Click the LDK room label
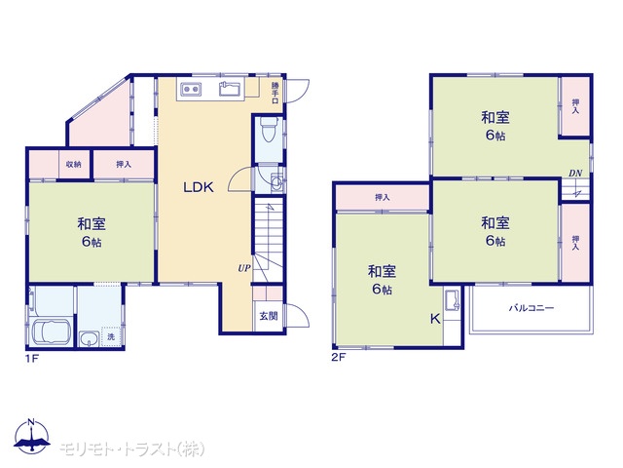click(x=199, y=187)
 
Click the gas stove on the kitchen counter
click(x=191, y=89)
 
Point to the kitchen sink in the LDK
click(x=230, y=89)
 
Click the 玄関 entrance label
click(x=269, y=316)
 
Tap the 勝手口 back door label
click(x=275, y=93)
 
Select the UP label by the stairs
click(x=244, y=268)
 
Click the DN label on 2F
click(x=575, y=174)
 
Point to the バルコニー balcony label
click(x=531, y=308)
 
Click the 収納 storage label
click(x=74, y=164)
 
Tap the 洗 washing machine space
click(x=111, y=336)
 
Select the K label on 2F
click(x=435, y=319)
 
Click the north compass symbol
click(x=32, y=436)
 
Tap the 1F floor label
click(x=32, y=358)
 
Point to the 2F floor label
click(x=339, y=357)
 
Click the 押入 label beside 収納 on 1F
click(x=124, y=164)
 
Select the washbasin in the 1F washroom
click(x=90, y=339)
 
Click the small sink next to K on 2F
click(x=453, y=300)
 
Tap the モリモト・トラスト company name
click(x=132, y=448)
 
